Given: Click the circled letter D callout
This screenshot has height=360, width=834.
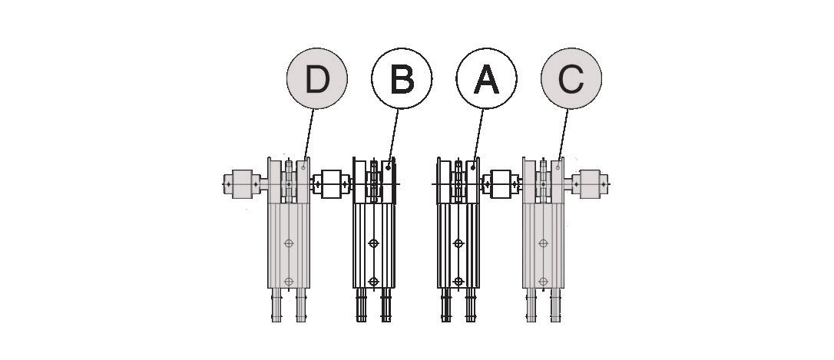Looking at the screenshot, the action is pos(316,78).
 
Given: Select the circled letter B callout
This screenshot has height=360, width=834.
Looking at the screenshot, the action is pos(402,78).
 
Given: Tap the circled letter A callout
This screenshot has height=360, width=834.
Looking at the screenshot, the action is pos(486,78).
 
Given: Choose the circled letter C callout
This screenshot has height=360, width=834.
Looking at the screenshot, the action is pos(571,78).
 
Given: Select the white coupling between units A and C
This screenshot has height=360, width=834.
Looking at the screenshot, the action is pos(501,184).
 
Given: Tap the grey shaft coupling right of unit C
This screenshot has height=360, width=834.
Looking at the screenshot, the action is pos(592,183).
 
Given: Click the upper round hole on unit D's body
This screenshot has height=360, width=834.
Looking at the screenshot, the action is pos(289,243).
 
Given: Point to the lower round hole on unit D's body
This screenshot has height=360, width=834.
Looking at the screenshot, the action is pos(289,281).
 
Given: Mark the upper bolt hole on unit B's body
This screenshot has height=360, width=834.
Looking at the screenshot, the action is pos(373,243).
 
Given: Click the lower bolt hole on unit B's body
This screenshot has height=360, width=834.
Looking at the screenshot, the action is pos(373,281).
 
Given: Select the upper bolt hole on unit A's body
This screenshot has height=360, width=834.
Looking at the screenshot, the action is pos(458,243).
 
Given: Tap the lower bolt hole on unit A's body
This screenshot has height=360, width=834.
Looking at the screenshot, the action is pos(458,281).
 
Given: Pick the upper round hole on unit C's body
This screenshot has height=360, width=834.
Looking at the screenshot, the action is pos(543,243).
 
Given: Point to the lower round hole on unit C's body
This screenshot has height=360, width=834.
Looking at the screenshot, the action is pos(543,281).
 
